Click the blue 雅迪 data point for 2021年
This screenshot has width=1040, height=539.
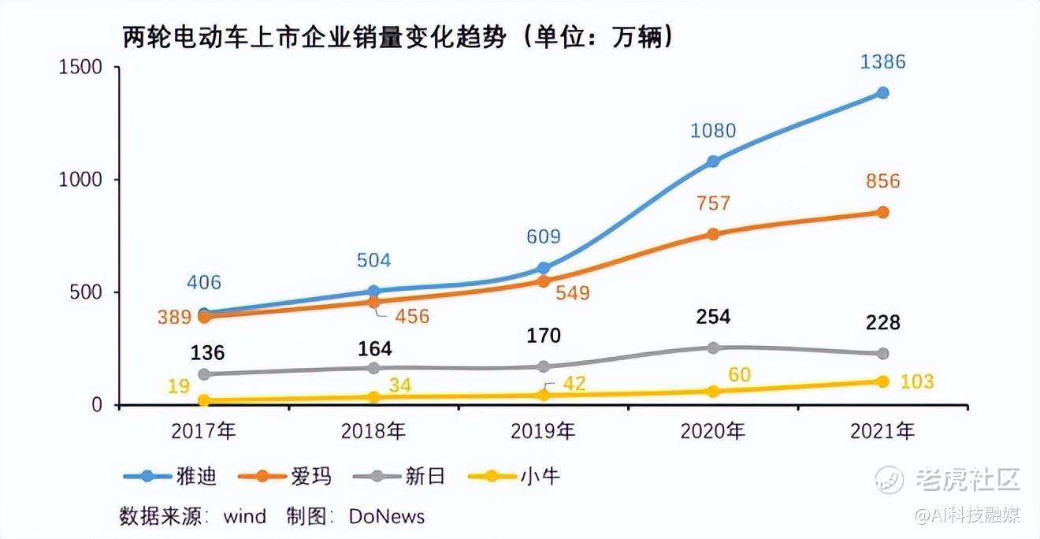882,93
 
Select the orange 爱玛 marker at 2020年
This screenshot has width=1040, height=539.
713,234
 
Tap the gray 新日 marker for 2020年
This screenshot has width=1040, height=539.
713,348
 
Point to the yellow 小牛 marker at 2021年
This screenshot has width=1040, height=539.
882,381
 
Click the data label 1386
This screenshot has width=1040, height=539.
882,62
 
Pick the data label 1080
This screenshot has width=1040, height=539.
713,131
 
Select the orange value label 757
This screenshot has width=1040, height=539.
713,204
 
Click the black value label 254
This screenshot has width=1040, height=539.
713,317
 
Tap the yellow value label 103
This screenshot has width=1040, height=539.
916,382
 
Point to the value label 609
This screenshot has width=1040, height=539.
544,236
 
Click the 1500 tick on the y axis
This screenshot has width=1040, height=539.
81,67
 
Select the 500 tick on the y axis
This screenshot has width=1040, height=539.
87,292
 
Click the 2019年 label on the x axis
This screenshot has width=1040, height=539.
544,431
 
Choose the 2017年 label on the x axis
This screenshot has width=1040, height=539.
204,431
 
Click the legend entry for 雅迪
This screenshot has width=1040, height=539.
170,476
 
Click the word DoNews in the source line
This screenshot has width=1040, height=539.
387,517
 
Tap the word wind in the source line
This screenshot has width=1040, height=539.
244,517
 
